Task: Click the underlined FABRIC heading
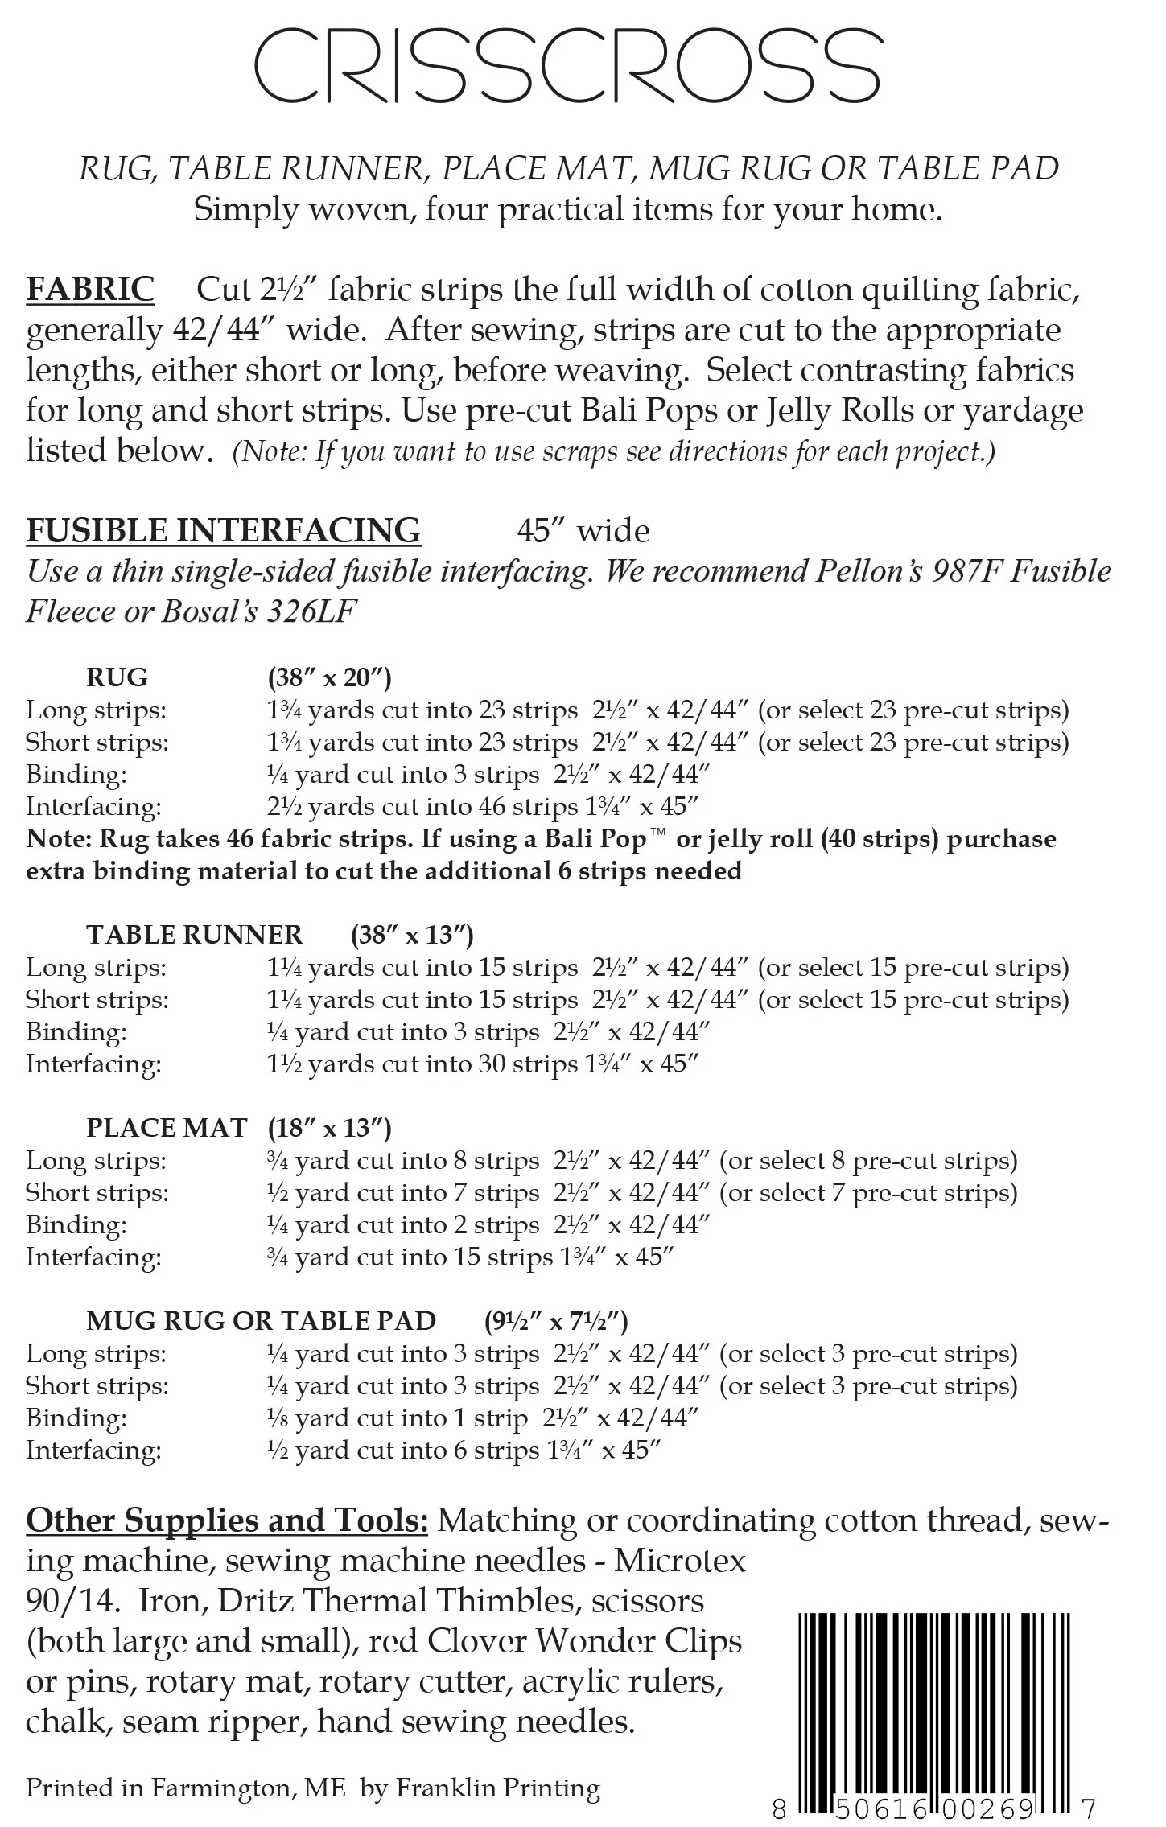[x=90, y=290]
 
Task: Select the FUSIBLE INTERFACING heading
[x=224, y=531]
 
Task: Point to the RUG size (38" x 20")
[x=329, y=677]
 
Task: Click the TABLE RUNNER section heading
[x=195, y=935]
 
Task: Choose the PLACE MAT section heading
[x=167, y=1128]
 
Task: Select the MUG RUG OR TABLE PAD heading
[x=262, y=1321]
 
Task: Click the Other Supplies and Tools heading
[x=227, y=1520]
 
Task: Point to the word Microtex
[x=680, y=1562]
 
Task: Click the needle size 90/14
[x=72, y=1602]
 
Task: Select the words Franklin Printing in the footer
[x=498, y=1788]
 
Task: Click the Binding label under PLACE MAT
[x=76, y=1225]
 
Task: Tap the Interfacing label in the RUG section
[x=93, y=807]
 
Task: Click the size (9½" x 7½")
[x=556, y=1321]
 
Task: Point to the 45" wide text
[x=583, y=531]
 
